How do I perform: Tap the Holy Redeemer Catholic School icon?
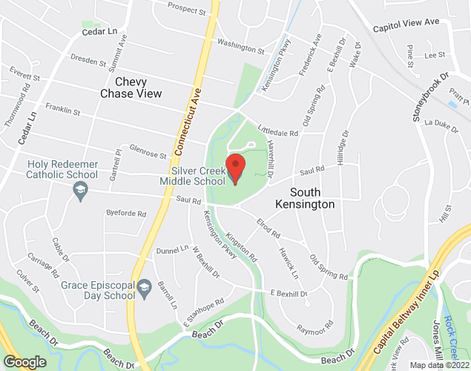(x=78, y=191)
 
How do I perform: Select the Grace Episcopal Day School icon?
(x=145, y=286)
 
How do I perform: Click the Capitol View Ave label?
(x=412, y=24)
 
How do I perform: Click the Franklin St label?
(x=61, y=111)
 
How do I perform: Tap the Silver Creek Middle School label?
(x=197, y=176)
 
